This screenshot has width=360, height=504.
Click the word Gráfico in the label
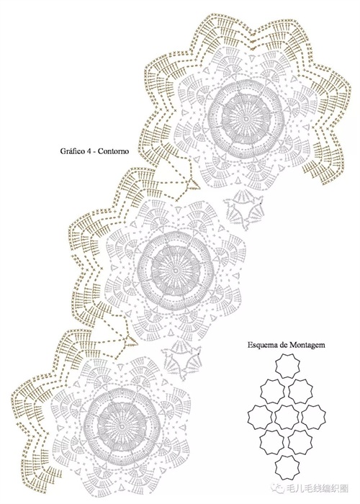pos(71,150)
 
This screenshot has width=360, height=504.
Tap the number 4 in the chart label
pos(86,150)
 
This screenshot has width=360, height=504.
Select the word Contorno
pos(113,150)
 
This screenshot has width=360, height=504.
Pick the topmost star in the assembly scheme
pos(288,366)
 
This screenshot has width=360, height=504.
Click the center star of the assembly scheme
pos(288,417)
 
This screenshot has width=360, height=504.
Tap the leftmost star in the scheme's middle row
pos(261,417)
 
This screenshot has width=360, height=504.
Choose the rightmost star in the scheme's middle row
pos(315,417)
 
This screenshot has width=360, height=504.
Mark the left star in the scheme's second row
pos(273,391)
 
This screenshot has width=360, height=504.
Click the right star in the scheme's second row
pos(300,391)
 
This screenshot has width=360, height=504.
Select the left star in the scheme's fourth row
pos(273,443)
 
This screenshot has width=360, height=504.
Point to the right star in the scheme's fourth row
pos(300,443)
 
